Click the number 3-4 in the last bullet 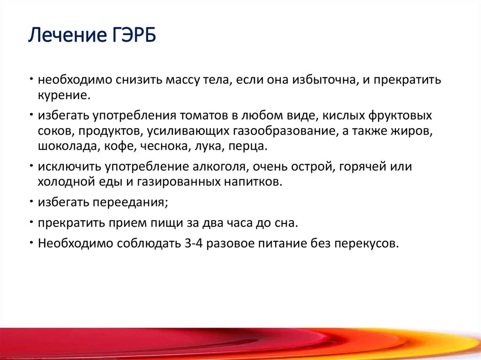[194, 244]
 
